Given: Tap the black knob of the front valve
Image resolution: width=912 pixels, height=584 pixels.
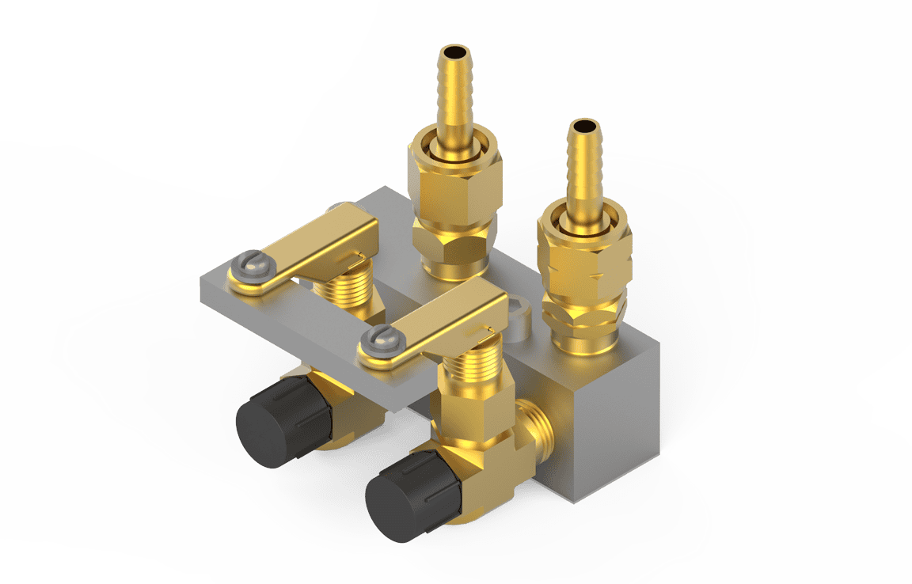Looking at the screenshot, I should click(x=409, y=494).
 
